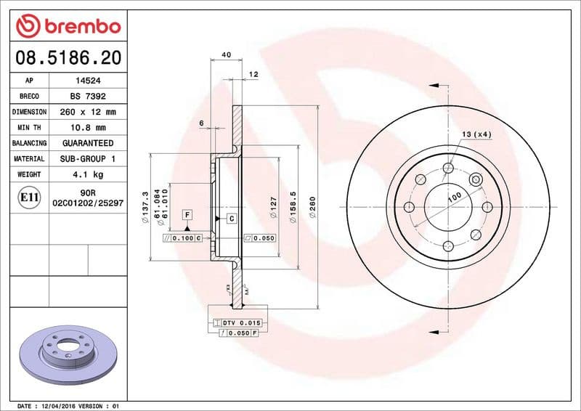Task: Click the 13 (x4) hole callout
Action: tap(476, 134)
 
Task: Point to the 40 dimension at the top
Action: tap(226, 55)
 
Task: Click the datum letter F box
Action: tap(187, 215)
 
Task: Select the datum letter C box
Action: tap(232, 219)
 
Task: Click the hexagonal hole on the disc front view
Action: tap(475, 181)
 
